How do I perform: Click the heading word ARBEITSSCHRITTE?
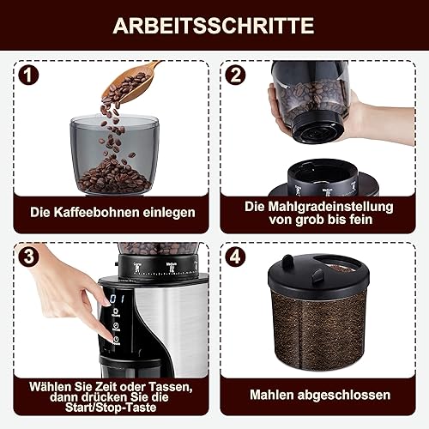pos(214,26)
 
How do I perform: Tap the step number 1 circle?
pos(28,75)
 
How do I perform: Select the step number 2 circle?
pos(235,75)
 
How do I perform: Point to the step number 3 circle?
pos(28,257)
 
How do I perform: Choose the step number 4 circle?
pos(235,257)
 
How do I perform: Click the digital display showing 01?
pos(117,299)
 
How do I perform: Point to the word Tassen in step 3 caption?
pos(171,387)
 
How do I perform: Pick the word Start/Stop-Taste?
pos(111,408)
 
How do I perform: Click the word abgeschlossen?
pos(344,396)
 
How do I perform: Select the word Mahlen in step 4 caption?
pos(272,395)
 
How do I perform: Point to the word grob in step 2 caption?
pos(310,221)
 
